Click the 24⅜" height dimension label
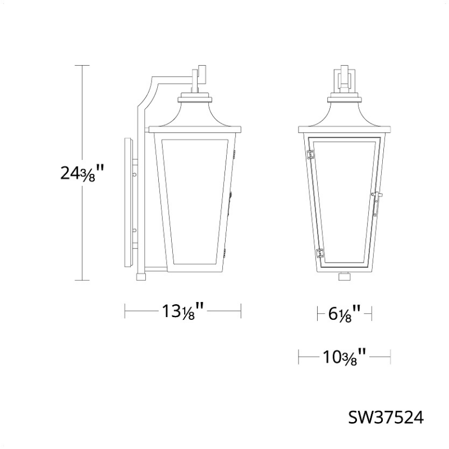81,173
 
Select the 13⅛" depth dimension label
183,311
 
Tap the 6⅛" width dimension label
345,314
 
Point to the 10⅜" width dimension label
345,357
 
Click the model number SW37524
386,418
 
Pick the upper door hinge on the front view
310,154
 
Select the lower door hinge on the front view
320,253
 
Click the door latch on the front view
377,204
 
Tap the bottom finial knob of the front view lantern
345,277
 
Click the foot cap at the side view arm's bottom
141,277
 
